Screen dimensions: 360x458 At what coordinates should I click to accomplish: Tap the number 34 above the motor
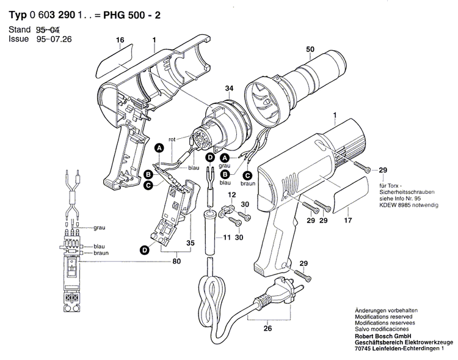tap(229, 89)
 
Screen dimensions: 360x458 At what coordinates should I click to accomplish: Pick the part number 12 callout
tap(231, 194)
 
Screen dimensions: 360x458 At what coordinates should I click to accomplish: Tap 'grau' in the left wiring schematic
tap(100, 227)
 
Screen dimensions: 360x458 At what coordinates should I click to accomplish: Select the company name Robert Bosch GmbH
tap(379, 337)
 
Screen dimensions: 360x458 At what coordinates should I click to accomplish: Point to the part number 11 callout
tap(227, 237)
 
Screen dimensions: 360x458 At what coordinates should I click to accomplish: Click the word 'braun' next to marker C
tap(247, 183)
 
